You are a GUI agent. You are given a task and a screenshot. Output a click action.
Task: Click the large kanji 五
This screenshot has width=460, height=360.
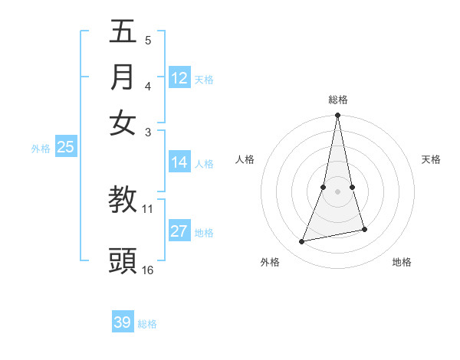point(123,32)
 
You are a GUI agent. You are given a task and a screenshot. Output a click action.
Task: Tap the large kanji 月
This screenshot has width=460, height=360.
point(123,77)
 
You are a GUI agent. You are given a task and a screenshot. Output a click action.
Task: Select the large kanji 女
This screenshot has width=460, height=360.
point(123,123)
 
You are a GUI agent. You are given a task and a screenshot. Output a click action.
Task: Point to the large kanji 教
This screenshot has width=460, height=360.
point(123,201)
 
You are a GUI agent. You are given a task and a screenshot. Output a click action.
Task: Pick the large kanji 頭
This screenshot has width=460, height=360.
point(123,260)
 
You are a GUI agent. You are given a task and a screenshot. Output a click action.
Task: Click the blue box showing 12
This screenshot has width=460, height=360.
point(179,78)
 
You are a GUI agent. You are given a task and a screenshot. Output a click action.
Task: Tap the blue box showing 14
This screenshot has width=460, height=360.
point(179,162)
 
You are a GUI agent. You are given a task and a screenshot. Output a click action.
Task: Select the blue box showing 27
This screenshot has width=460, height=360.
point(179,231)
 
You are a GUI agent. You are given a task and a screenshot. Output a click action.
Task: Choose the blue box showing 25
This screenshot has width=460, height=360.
point(65,148)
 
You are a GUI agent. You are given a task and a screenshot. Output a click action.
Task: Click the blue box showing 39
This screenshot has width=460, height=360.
point(123,322)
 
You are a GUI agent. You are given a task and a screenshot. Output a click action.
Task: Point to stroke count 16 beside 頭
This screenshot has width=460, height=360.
point(148,270)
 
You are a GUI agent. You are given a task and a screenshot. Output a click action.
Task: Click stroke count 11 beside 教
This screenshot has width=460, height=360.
point(148,208)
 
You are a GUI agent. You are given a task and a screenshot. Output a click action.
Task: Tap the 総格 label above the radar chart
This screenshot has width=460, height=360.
point(337,100)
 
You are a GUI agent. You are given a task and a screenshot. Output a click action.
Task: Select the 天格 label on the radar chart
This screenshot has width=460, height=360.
point(431,159)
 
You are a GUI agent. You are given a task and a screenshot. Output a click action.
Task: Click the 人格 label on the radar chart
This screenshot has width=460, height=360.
point(245,159)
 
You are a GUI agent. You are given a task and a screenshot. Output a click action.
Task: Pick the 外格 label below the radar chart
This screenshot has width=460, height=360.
point(270,262)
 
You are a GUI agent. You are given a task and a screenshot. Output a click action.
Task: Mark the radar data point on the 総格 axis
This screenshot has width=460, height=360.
point(337,116)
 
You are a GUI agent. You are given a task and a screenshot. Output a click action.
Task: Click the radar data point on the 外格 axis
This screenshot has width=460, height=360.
point(302,242)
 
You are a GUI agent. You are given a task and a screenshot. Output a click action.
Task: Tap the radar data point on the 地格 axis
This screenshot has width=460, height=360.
point(364,229)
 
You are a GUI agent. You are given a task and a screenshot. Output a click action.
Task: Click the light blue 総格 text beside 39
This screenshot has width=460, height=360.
point(147,324)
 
